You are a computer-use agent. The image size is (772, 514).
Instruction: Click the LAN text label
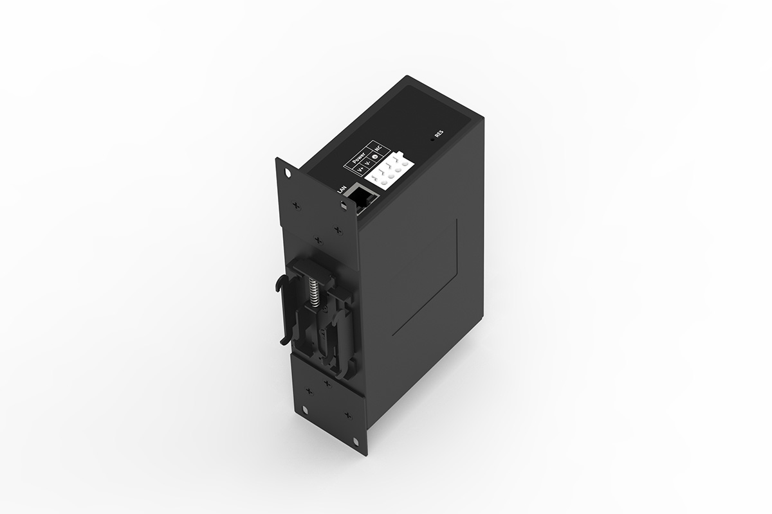341,188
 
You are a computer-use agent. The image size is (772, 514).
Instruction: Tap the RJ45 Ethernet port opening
362,197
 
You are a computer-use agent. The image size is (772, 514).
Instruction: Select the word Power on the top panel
359,158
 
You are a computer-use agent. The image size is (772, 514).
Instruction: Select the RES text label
439,134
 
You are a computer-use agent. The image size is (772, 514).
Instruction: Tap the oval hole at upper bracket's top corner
287,172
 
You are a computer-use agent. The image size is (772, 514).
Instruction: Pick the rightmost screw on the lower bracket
348,416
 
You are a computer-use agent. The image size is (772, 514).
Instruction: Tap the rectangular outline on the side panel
425,276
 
